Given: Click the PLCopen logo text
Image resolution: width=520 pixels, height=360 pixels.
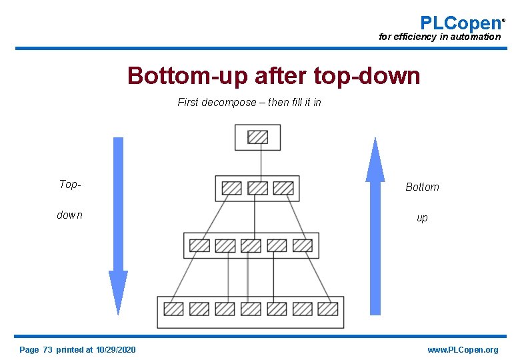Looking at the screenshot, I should coord(461,23).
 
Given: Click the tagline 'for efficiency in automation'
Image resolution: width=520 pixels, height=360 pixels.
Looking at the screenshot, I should coord(439,37).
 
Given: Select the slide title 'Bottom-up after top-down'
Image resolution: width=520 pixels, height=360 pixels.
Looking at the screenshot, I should coord(273,76).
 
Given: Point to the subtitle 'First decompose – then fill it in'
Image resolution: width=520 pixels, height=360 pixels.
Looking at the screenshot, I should coord(249,103).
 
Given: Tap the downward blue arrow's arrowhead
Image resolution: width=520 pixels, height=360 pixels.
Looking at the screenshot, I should coord(118,291).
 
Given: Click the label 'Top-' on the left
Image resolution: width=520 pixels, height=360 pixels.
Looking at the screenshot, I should coord(70,185).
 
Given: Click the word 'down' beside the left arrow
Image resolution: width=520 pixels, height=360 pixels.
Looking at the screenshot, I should coord(70,215).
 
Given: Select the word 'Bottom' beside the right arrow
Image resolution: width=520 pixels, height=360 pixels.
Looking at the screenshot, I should coord(422,187).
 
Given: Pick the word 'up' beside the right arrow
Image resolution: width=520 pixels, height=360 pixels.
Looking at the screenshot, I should coord(422,218).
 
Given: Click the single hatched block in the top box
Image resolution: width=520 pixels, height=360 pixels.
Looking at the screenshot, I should coord(257,137).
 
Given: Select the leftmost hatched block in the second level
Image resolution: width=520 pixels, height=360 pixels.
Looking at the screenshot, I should coord(231,188).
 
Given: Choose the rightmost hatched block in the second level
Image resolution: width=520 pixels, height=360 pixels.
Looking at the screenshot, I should coord(283,188).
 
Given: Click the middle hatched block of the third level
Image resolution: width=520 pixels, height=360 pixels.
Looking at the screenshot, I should coord(251,245).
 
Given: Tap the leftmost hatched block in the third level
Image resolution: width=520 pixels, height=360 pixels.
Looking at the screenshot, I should coord(199,245).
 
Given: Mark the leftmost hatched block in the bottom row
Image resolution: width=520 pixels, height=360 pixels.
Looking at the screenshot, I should coord(173,309).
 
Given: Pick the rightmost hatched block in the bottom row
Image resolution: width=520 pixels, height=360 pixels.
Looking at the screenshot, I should coord(328,309).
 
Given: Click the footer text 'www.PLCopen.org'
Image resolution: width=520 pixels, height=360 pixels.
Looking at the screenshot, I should coord(463,350).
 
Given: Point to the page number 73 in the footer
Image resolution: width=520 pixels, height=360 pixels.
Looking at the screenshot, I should coord(47,350).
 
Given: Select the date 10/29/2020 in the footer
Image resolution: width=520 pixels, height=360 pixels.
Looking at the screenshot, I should coord(116,350).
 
